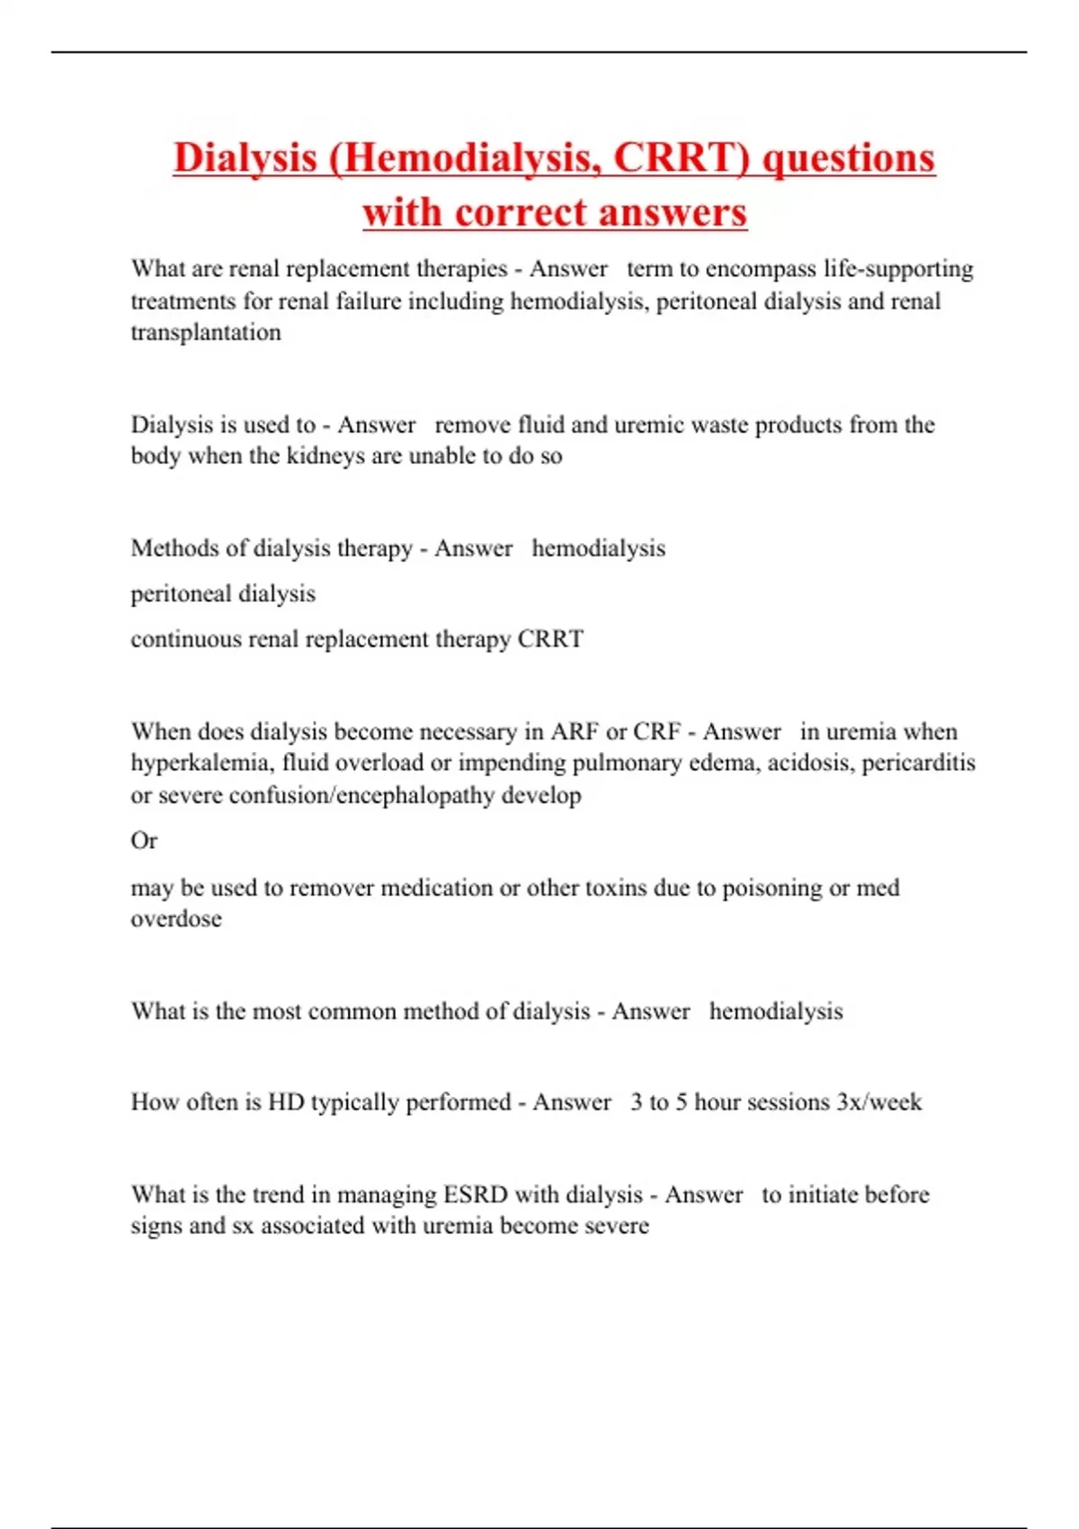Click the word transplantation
point(206,333)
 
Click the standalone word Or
point(144,841)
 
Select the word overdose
point(176,919)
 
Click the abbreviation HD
point(286,1103)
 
